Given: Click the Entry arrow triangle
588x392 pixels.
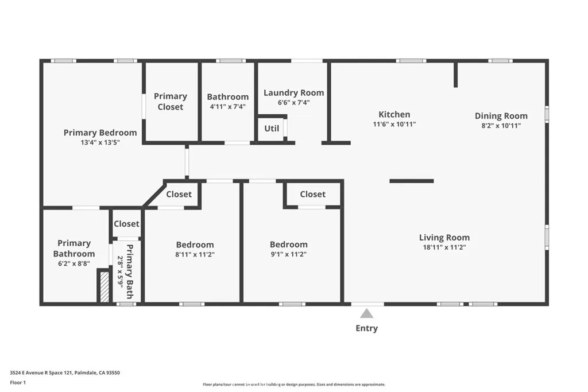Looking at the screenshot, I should [366, 313].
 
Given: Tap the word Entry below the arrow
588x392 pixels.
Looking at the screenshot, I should [366, 328].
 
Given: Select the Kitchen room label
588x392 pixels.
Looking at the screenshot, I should [394, 114].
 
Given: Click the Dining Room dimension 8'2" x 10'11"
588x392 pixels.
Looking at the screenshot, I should [501, 126].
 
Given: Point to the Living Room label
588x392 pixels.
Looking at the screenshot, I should [444, 238].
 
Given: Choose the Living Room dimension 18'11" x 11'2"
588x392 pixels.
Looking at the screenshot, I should [444, 247].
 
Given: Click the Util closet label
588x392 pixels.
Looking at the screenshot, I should [272, 129].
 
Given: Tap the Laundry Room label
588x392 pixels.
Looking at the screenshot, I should [293, 92].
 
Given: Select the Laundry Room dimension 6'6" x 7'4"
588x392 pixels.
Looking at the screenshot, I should [293, 103].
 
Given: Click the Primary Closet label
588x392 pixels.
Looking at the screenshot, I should [170, 102].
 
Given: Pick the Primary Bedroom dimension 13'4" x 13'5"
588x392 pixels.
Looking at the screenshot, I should [100, 142].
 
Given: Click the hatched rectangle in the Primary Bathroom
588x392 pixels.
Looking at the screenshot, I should [105, 286].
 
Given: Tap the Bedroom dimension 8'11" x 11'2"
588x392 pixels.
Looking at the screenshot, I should [195, 254].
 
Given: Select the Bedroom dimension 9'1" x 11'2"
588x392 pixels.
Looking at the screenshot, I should [288, 254].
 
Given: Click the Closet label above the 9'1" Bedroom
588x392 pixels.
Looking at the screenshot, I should [312, 194].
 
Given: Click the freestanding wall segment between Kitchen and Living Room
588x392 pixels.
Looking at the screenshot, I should [411, 181].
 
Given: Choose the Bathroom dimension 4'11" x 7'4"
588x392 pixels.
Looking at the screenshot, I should [227, 106].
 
